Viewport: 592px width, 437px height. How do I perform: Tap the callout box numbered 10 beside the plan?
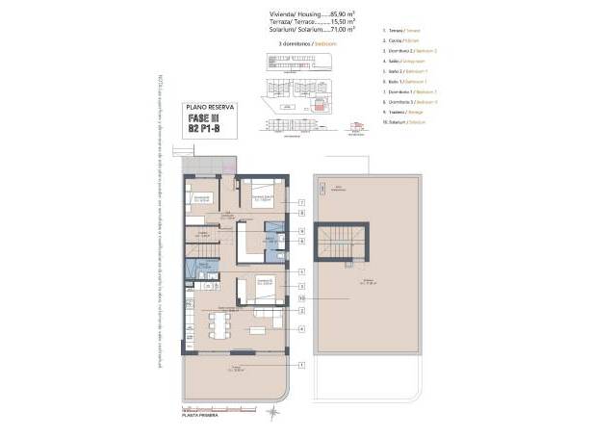[301, 298]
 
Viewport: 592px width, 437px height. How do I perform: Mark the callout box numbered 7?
[301, 202]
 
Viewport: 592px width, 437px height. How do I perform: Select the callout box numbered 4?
[301, 329]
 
